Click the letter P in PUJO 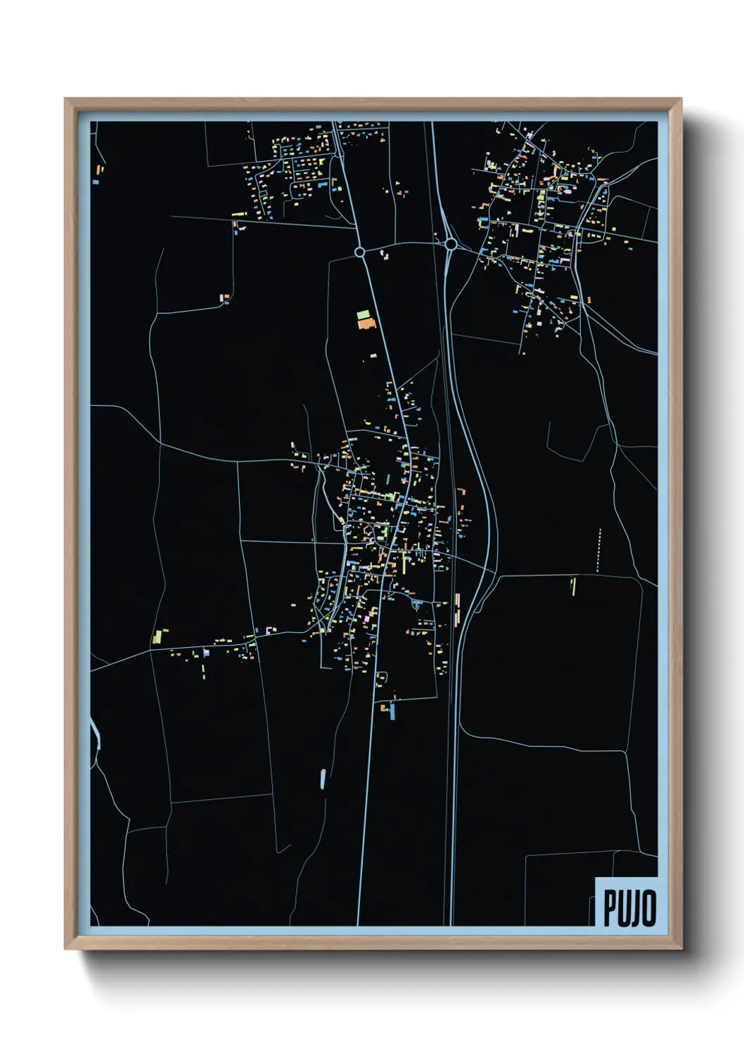click(610, 907)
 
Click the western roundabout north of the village click(360, 251)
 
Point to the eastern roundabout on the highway click(451, 243)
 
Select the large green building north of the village click(363, 314)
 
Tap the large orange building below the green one click(366, 324)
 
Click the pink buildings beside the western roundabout click(384, 254)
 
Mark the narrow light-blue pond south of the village click(323, 778)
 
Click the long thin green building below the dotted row click(573, 585)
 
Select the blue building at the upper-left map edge click(96, 182)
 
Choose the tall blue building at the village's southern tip click(392, 712)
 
